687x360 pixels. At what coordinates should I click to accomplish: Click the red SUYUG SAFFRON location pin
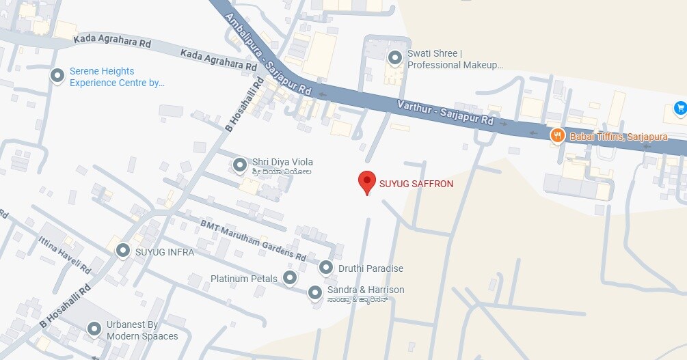(x=367, y=182)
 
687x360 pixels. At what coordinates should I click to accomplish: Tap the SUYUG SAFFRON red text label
(x=416, y=184)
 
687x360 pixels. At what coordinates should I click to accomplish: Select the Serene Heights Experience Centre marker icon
(x=57, y=76)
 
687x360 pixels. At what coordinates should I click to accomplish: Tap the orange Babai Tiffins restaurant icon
(x=558, y=135)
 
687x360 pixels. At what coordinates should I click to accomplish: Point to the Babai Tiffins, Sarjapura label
(x=619, y=137)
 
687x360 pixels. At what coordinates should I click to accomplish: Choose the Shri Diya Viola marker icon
(x=240, y=165)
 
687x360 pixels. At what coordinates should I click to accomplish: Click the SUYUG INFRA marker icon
(x=123, y=251)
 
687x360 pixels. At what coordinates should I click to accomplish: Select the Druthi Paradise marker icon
(x=326, y=268)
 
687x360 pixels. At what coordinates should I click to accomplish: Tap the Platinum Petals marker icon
(x=291, y=277)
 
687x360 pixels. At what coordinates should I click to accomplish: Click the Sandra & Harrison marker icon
(x=315, y=293)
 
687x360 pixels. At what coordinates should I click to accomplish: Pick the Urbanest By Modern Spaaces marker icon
(x=94, y=330)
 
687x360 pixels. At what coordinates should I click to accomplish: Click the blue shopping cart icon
(x=679, y=108)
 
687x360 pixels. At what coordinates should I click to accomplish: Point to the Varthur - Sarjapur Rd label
(x=445, y=113)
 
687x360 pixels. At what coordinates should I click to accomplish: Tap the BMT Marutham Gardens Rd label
(x=253, y=240)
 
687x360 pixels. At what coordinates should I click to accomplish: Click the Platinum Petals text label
(x=244, y=278)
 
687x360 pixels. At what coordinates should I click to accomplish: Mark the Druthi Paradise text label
(x=371, y=268)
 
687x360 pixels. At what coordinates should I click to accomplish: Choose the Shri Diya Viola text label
(x=282, y=162)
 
